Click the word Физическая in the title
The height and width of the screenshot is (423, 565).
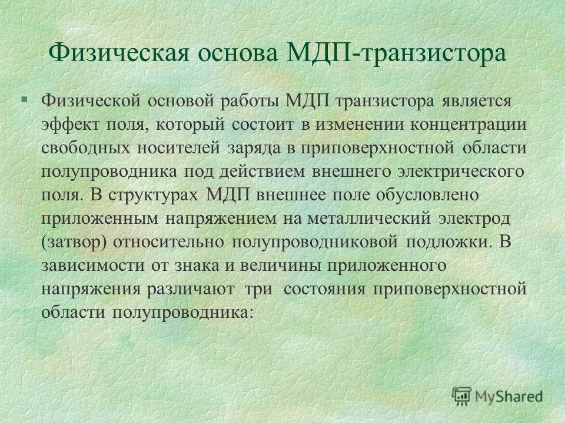click(x=119, y=53)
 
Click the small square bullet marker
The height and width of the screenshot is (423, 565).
click(x=24, y=98)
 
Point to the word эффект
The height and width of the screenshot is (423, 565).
click(x=70, y=125)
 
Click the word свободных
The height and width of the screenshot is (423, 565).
click(x=86, y=148)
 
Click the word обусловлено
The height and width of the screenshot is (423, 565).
click(x=427, y=194)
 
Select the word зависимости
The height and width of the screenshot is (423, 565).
click(x=93, y=266)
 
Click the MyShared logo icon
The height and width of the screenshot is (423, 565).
click(x=461, y=396)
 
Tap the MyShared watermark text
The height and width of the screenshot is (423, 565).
click(x=508, y=397)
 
